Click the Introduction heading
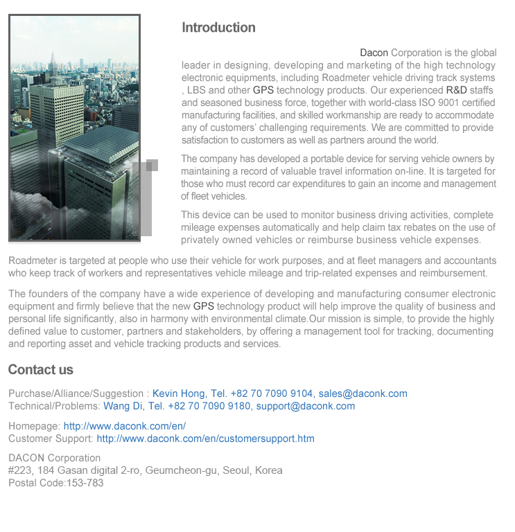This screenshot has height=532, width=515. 218,28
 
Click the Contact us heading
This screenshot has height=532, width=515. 40,369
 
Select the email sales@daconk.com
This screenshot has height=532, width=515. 363,393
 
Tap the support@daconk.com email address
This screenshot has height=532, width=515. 305,406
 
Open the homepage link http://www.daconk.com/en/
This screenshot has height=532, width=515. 125,426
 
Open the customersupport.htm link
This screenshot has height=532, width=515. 205,438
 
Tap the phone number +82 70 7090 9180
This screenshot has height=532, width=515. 209,406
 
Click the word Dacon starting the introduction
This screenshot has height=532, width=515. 374,53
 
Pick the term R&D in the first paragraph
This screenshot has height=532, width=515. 456,90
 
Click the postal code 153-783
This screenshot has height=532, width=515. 85,483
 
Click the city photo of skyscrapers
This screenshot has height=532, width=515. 74,128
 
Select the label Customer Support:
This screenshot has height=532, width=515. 51,438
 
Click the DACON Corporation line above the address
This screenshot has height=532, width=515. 54,458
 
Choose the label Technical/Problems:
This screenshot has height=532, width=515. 54,406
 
